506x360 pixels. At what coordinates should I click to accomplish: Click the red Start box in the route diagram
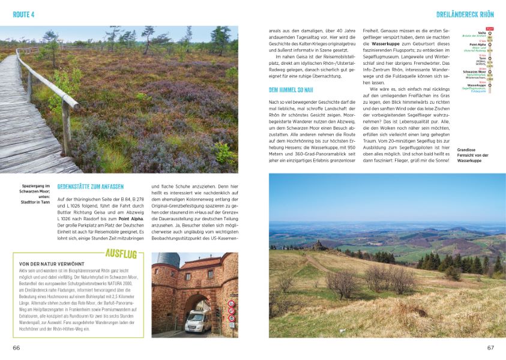click(x=489, y=28)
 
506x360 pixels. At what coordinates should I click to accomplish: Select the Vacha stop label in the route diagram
click(x=481, y=33)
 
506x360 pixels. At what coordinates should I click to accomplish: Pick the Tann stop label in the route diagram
click(x=482, y=58)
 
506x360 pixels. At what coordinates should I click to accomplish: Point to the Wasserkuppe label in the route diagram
click(x=477, y=85)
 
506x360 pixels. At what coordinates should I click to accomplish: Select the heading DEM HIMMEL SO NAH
click(x=292, y=90)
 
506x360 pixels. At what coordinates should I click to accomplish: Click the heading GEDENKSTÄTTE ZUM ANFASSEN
click(x=92, y=187)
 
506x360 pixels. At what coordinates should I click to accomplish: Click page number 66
click(x=16, y=347)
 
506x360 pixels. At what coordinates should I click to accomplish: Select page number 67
click(x=490, y=347)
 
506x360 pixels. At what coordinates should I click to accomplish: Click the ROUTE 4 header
click(x=24, y=13)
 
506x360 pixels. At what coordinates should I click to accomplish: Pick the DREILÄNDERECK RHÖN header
click(x=465, y=13)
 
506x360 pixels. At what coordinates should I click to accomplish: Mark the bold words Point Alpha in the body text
click(x=132, y=220)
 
